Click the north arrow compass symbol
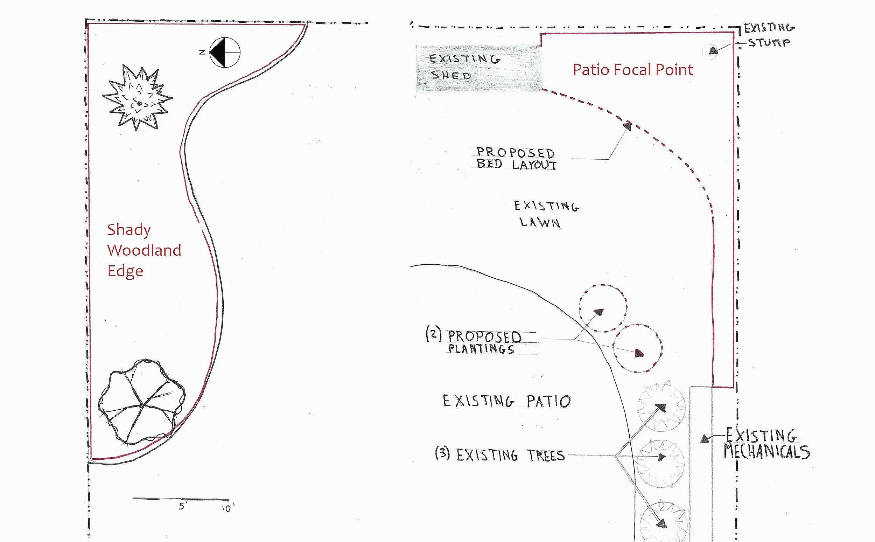(225, 52)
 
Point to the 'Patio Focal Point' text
(633, 70)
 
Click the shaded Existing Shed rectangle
(479, 68)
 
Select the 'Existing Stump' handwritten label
(769, 35)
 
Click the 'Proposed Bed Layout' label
(516, 159)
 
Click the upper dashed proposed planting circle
(603, 308)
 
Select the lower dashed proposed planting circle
(637, 348)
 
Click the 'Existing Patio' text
(506, 401)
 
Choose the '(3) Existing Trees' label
(500, 454)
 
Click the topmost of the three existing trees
(661, 408)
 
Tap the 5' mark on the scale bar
(182, 506)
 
